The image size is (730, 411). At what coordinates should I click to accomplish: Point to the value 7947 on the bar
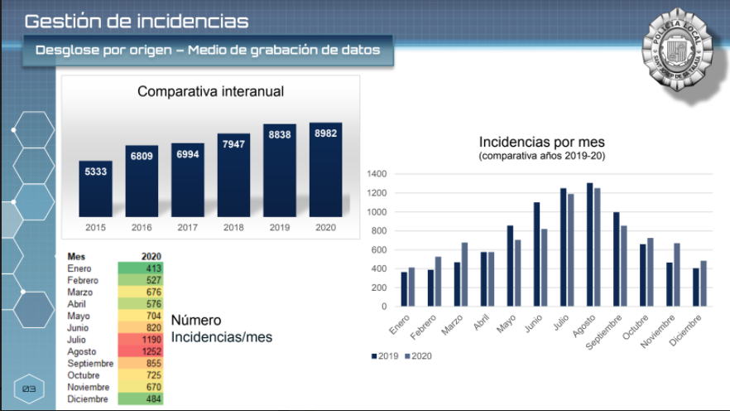click(x=233, y=145)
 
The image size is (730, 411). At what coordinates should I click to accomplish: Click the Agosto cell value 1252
click(x=151, y=351)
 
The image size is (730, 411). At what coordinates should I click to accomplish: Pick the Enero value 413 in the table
click(x=151, y=268)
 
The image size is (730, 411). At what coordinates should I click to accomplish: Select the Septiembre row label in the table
click(x=90, y=363)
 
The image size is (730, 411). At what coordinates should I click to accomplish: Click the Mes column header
click(x=76, y=256)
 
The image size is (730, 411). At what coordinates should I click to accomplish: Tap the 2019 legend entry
click(x=385, y=355)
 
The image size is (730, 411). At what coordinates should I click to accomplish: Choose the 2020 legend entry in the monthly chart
click(x=418, y=355)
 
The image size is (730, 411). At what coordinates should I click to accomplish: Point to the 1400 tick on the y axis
click(x=377, y=174)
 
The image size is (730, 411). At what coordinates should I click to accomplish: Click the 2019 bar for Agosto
click(x=589, y=244)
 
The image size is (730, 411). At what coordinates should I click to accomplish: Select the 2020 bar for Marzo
click(x=464, y=274)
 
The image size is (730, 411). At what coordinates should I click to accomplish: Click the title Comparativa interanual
click(x=210, y=91)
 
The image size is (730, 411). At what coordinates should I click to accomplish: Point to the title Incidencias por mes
click(x=541, y=143)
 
